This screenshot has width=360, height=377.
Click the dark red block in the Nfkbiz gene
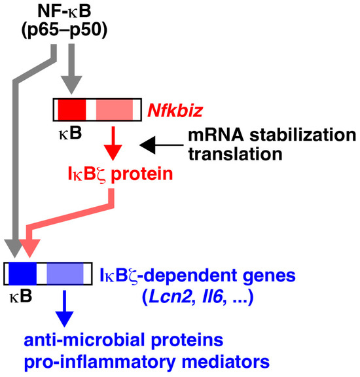tap(72, 109)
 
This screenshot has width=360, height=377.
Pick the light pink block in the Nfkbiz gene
tap(114, 109)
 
